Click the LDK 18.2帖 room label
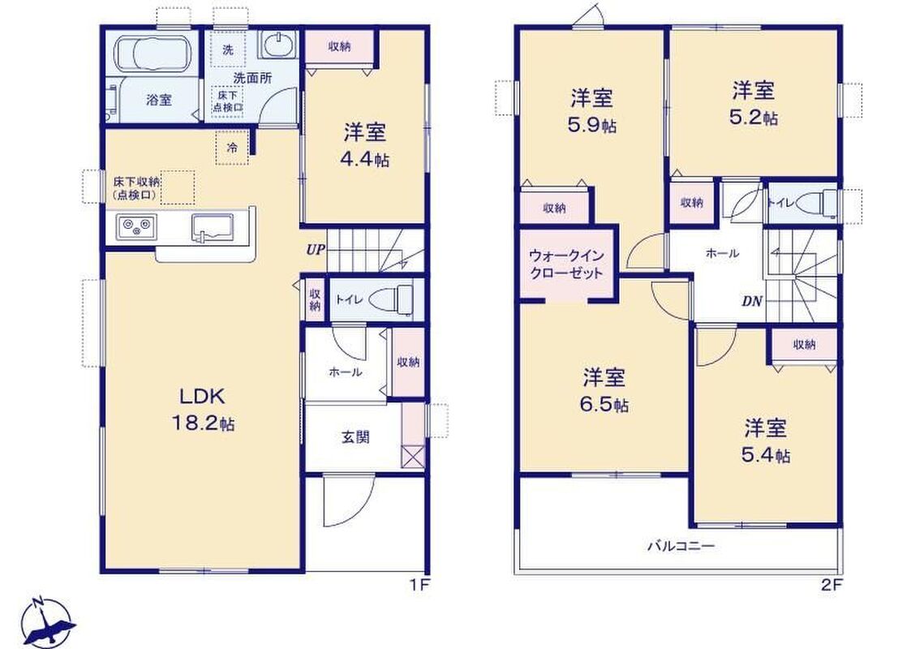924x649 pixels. [203, 409]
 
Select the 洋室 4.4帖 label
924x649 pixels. [365, 145]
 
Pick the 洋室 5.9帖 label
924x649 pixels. [592, 111]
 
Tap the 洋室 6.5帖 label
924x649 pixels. [605, 390]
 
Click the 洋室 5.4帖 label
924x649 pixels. [766, 441]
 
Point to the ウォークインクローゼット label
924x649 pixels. [566, 264]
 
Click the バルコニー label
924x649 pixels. [681, 546]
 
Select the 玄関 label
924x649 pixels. [356, 436]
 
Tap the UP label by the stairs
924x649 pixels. [316, 249]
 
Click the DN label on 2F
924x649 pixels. [751, 302]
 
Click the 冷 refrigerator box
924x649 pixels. [233, 148]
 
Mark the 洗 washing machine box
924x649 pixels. [227, 50]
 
